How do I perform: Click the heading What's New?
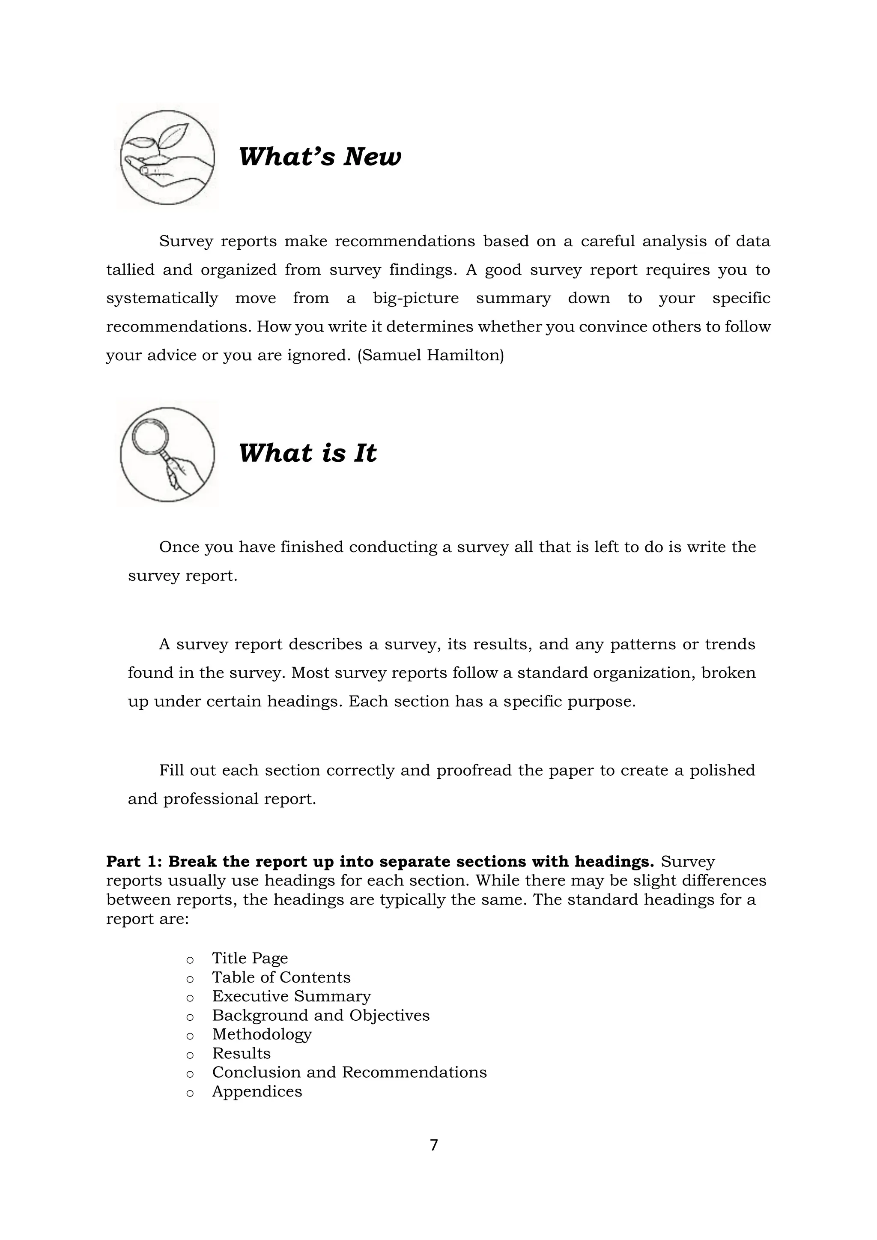(320, 157)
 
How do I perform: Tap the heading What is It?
(307, 453)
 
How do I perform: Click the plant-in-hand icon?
(167, 157)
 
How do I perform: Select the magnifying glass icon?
(167, 454)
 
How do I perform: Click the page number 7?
(434, 1145)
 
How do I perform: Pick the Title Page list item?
(250, 958)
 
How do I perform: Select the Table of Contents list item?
(281, 977)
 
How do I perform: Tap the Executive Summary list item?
(291, 996)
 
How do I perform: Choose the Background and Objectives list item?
(321, 1015)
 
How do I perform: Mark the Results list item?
(242, 1053)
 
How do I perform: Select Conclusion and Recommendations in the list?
(349, 1072)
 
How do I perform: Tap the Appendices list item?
(257, 1091)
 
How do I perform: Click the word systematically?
(162, 298)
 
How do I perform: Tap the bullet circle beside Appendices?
(190, 1093)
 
